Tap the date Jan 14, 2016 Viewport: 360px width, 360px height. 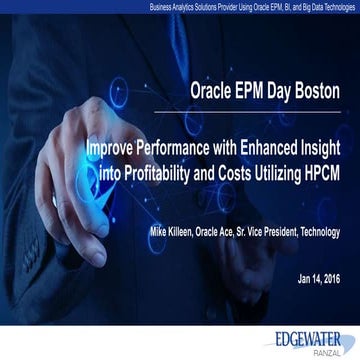319,277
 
